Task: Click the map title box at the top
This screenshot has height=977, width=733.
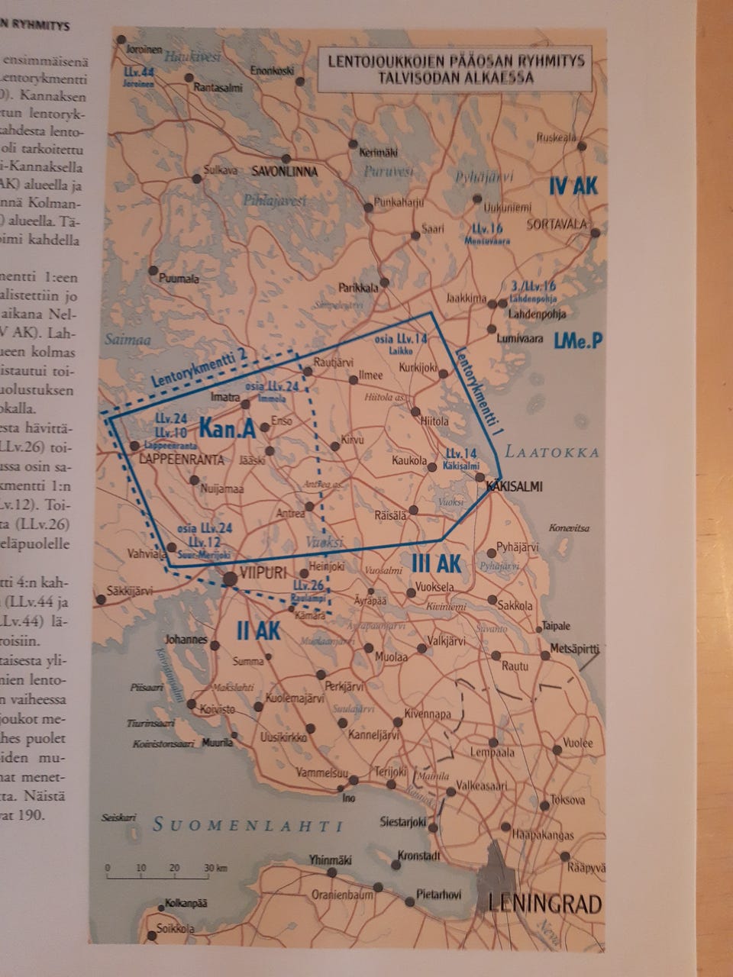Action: [x=451, y=69]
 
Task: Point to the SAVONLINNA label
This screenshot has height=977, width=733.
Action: [x=284, y=172]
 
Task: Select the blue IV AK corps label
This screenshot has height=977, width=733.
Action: [x=574, y=186]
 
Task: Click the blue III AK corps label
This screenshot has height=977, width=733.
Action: [x=436, y=564]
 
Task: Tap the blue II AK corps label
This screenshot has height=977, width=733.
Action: [x=259, y=630]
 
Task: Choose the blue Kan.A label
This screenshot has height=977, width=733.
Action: [x=227, y=429]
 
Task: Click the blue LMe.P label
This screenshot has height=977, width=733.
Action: [x=579, y=341]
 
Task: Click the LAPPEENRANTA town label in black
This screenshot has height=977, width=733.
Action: [x=183, y=459]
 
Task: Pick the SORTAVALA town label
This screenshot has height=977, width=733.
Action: [x=557, y=224]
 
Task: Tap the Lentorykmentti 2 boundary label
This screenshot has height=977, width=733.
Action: [x=199, y=367]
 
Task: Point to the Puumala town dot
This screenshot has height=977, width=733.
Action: [x=153, y=271]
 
